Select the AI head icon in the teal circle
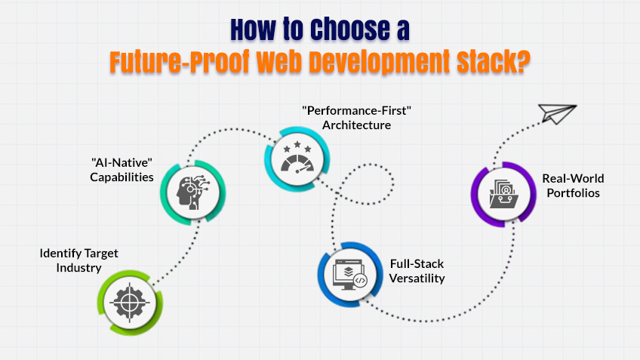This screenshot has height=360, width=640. [x=191, y=191]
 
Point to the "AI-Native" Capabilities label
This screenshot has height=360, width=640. [x=120, y=171]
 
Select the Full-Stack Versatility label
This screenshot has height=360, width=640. [x=417, y=271]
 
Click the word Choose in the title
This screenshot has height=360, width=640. [x=346, y=31]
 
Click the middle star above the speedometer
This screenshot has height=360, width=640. [x=295, y=141]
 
